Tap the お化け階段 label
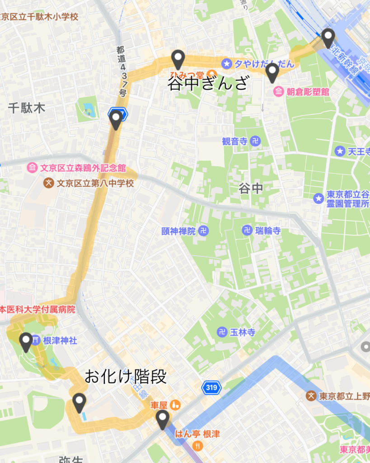click(x=126, y=376)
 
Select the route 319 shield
click(x=211, y=388)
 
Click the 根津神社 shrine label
click(x=60, y=340)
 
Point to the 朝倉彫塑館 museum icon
click(x=279, y=92)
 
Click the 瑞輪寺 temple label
click(x=267, y=231)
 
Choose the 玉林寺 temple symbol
click(x=222, y=332)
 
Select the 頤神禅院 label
click(x=178, y=231)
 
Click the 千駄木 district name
click(x=27, y=108)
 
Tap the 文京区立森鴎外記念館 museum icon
click(x=32, y=168)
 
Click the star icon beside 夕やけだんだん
click(x=226, y=64)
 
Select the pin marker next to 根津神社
click(x=26, y=341)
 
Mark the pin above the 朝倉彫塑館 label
click(x=272, y=72)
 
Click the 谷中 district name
click(x=251, y=189)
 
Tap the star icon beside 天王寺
click(x=340, y=151)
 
